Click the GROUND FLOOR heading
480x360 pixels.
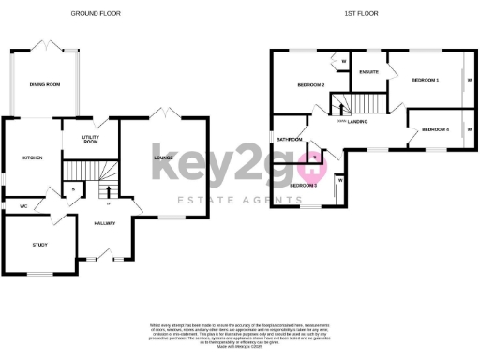[96, 13]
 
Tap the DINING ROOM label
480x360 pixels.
[44, 85]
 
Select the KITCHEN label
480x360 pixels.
[32, 157]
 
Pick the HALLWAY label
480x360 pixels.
[104, 223]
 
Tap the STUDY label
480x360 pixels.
[39, 245]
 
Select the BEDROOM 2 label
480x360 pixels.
[310, 85]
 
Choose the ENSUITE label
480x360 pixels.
[368, 72]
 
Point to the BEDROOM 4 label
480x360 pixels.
[435, 128]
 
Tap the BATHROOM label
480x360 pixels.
[287, 140]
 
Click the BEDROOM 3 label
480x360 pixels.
[303, 185]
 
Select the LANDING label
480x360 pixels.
[358, 122]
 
